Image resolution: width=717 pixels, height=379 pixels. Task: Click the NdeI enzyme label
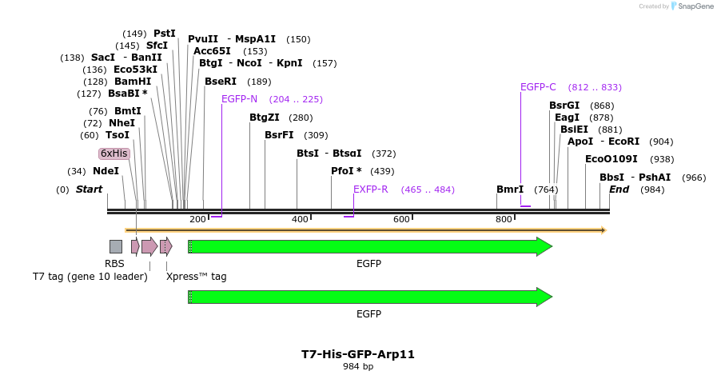(x=106, y=171)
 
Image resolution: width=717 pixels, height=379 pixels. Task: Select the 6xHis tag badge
(x=114, y=154)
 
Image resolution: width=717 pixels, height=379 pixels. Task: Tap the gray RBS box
(x=116, y=246)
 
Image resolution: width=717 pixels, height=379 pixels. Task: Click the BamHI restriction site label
(x=133, y=82)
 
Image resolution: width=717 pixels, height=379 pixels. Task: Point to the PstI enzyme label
(x=165, y=34)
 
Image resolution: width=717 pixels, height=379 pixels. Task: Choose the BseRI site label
(x=221, y=82)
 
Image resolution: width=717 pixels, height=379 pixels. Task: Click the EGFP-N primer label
(x=240, y=99)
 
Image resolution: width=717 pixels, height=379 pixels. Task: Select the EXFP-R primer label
(x=371, y=189)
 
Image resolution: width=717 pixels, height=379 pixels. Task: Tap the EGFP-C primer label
(x=538, y=87)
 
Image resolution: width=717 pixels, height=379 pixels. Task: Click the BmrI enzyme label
(x=510, y=189)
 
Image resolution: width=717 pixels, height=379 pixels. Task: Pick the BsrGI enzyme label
(x=564, y=106)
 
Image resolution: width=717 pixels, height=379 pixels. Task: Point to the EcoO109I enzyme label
(x=611, y=159)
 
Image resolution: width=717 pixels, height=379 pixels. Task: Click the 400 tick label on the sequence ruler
(x=300, y=220)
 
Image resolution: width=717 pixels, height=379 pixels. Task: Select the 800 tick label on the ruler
(x=504, y=220)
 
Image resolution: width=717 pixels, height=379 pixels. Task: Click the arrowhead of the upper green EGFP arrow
(x=544, y=246)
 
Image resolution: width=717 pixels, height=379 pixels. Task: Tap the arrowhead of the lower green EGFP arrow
(x=544, y=297)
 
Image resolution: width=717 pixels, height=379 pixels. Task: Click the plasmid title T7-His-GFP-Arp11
(x=358, y=353)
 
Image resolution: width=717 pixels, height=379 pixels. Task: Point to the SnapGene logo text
(x=695, y=6)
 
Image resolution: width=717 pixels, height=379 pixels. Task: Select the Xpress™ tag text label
(x=197, y=277)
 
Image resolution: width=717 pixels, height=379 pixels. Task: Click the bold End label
(x=619, y=189)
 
